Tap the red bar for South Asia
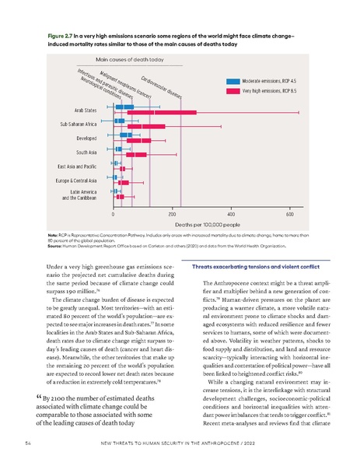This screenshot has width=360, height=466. tap(131, 155)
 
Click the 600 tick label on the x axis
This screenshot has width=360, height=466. tap(289, 212)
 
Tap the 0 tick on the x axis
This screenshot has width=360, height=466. tap(114, 212)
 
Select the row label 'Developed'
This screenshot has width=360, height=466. tap(81, 138)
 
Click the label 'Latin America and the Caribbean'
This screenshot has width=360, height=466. tap(78, 194)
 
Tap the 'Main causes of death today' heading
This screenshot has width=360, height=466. tap(128, 59)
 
